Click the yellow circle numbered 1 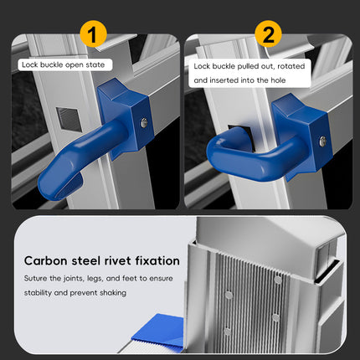click(x=93, y=34)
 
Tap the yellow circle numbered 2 click(x=269, y=34)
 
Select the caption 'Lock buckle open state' click(x=64, y=65)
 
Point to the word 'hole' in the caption click(x=278, y=80)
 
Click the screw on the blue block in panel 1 click(x=144, y=123)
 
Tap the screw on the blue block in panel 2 click(x=322, y=141)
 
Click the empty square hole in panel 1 click(x=69, y=119)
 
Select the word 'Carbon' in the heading click(x=46, y=261)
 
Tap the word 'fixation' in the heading click(x=157, y=261)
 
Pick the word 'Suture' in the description click(x=35, y=278)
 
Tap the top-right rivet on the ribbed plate click(x=278, y=280)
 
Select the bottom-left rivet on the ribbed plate click(x=228, y=332)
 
